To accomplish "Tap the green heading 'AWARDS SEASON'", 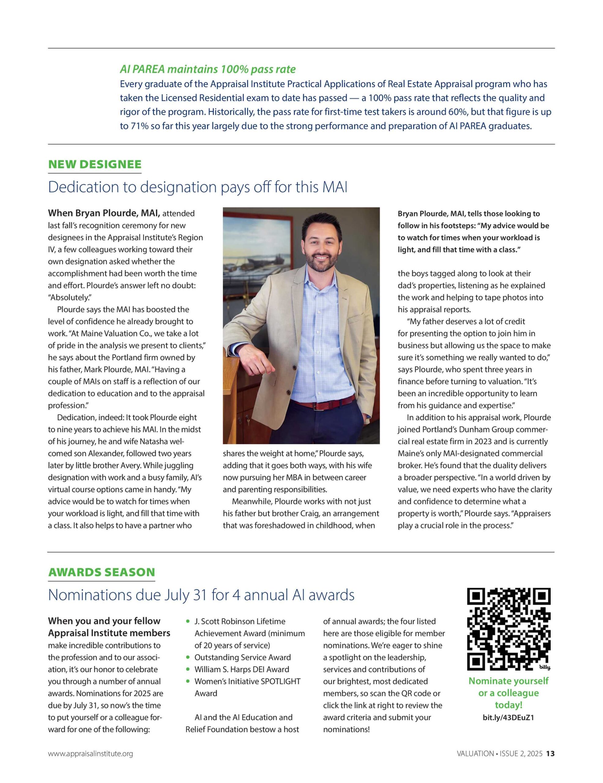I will pyautogui.click(x=102, y=572).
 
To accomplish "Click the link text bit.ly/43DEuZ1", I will pyautogui.click(x=508, y=717).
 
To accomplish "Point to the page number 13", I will pyautogui.click(x=550, y=754).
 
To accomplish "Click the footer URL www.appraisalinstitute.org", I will pyautogui.click(x=90, y=754).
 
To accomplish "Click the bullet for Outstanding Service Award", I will pyautogui.click(x=188, y=658).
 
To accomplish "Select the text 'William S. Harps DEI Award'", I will pyautogui.click(x=242, y=669).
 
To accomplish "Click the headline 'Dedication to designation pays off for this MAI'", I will pyautogui.click(x=198, y=187).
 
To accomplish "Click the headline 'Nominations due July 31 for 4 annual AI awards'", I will pyautogui.click(x=201, y=595).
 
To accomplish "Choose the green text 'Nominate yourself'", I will pyautogui.click(x=508, y=681).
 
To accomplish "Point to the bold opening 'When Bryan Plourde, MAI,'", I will pyautogui.click(x=104, y=213).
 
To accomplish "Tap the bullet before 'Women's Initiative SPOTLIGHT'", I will pyautogui.click(x=188, y=681).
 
